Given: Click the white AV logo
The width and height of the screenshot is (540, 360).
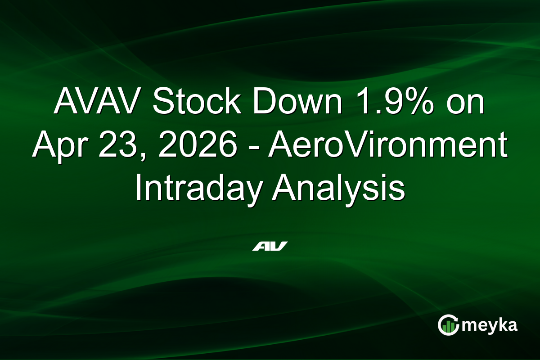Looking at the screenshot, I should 270,246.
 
